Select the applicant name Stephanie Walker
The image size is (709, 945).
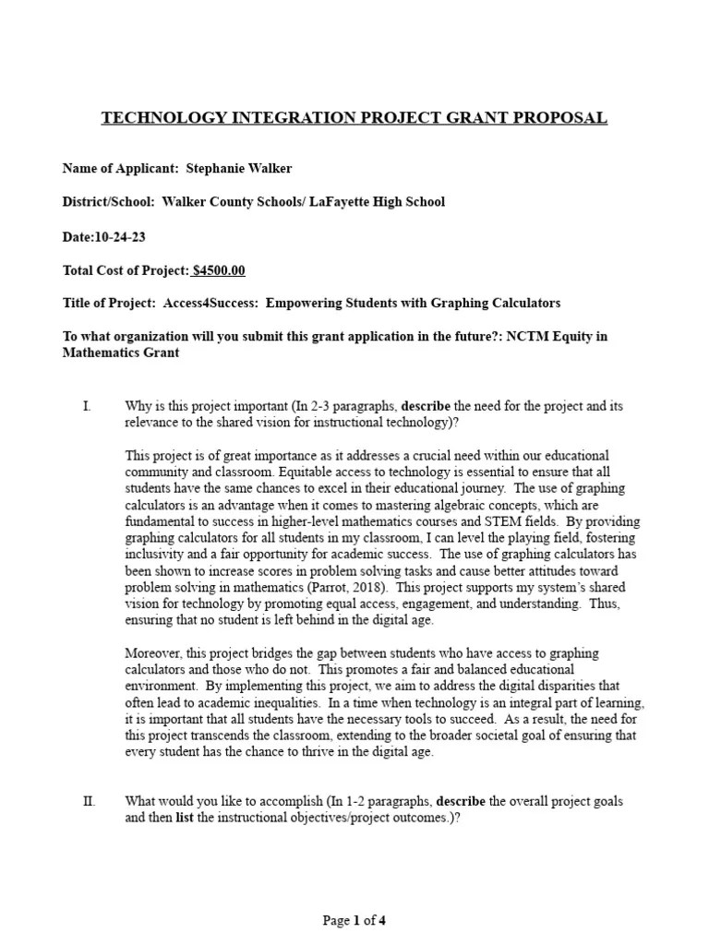238,168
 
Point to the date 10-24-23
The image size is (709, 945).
121,236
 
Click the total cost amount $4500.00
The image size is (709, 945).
219,270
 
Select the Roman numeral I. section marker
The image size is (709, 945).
87,406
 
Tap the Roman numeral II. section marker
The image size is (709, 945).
90,801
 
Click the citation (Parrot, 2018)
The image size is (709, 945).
362,588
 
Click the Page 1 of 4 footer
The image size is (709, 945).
354,920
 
